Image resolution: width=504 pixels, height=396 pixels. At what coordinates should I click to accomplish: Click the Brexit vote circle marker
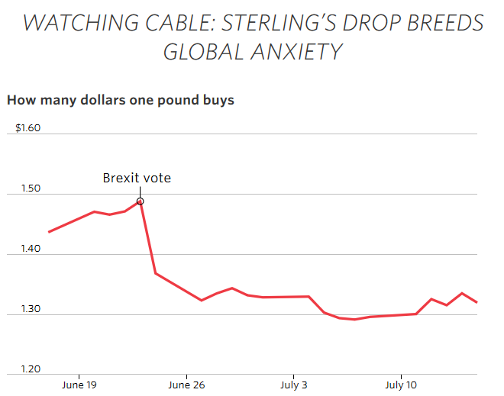(141, 201)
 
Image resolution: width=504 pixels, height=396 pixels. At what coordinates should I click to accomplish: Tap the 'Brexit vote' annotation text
(137, 179)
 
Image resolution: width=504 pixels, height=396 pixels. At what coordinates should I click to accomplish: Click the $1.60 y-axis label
(27, 128)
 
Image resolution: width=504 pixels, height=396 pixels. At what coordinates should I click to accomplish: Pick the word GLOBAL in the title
(200, 53)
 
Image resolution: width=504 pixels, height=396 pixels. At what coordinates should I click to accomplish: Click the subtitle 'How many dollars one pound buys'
(121, 100)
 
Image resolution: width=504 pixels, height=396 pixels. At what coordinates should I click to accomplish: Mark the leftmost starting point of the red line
(49, 232)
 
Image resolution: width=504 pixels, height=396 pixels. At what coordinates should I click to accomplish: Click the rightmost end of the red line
(477, 302)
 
